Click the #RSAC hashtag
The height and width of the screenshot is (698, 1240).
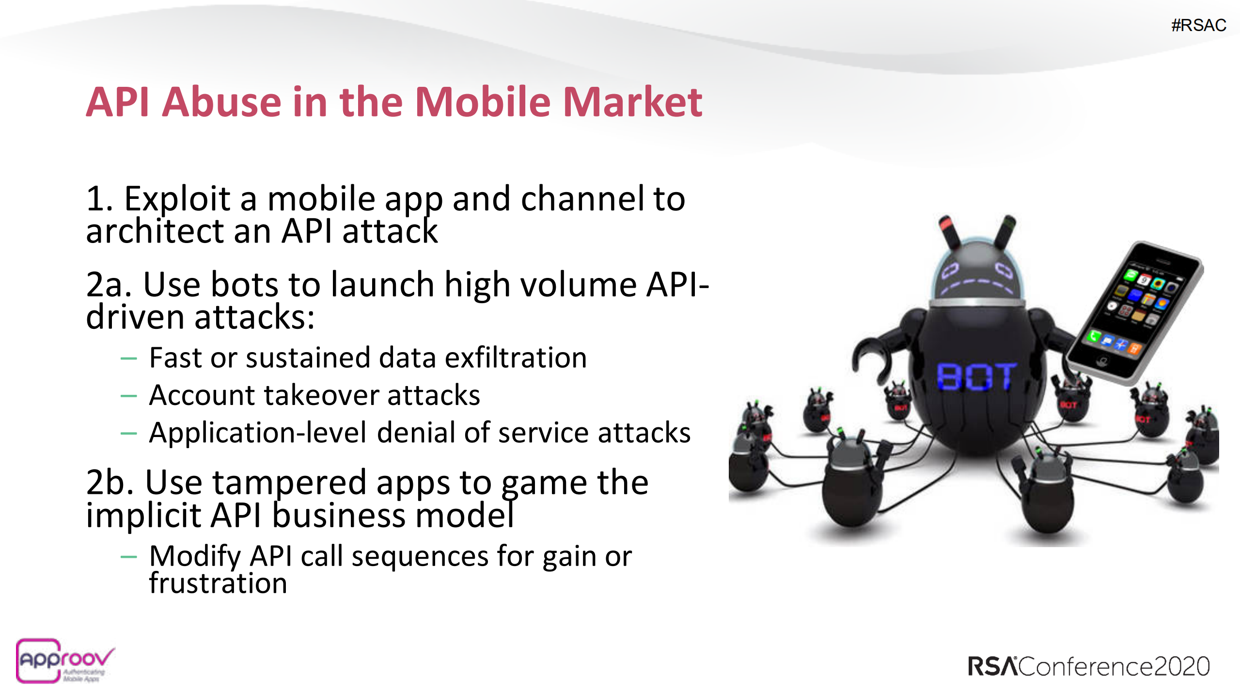coord(1198,25)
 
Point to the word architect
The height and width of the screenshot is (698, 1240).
coord(154,231)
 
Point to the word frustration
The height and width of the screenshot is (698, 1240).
coord(218,583)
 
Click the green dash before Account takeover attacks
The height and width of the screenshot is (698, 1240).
coord(128,396)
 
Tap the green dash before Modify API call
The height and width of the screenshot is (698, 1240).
coord(128,557)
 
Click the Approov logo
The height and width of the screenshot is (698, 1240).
coord(63,661)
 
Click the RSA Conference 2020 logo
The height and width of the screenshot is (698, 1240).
coord(1088,666)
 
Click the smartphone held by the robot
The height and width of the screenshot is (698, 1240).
coord(1134,313)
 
